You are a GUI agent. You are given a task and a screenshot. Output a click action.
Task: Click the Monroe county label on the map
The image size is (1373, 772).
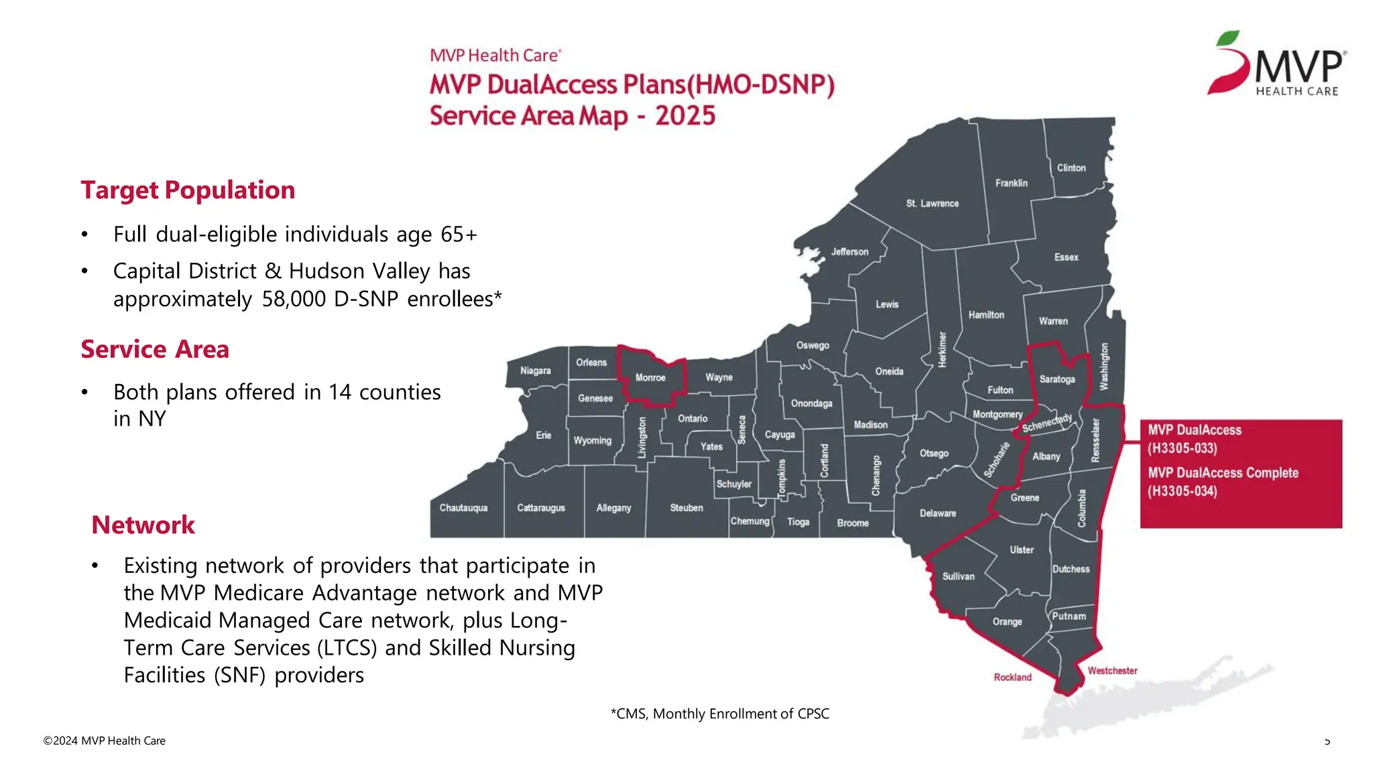click(650, 378)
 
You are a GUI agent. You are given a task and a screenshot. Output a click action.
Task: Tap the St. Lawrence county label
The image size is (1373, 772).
click(932, 204)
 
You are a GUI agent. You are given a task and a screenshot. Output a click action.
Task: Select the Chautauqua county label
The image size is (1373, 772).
click(463, 508)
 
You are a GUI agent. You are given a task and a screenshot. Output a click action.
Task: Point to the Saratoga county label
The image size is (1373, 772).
click(1057, 379)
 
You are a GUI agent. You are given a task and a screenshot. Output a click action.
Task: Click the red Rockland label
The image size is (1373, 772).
click(1012, 678)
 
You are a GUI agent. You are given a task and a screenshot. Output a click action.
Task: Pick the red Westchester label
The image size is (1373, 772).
click(1112, 671)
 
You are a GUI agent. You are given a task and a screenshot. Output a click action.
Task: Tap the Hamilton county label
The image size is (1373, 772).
click(986, 315)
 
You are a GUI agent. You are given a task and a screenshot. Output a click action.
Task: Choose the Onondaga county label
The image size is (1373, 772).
click(811, 403)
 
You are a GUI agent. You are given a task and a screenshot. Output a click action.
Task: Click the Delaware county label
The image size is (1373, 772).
click(937, 513)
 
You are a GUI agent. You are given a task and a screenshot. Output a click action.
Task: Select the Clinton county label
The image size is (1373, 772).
click(1071, 168)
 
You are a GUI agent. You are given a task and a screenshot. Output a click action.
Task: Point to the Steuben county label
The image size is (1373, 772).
click(686, 508)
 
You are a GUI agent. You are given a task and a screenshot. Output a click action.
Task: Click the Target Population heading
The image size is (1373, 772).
click(188, 190)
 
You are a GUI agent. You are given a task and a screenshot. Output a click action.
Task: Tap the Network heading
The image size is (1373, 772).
click(143, 525)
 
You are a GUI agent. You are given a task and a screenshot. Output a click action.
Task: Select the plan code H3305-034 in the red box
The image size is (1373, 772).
click(1182, 491)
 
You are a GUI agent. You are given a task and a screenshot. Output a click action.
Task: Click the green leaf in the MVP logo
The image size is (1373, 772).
click(1228, 39)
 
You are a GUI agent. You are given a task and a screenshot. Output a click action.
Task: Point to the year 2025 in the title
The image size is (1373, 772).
click(685, 116)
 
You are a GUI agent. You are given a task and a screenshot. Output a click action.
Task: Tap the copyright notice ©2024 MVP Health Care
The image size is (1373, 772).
click(104, 741)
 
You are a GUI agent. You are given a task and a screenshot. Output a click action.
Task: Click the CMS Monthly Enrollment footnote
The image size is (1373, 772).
click(719, 714)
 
